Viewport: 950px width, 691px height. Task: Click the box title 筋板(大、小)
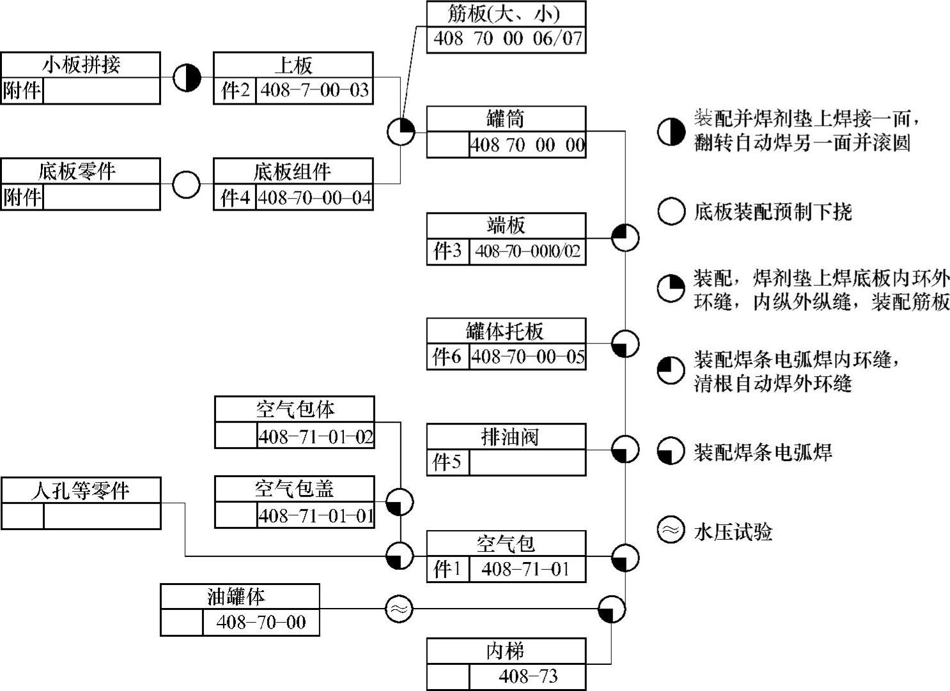pos(506,14)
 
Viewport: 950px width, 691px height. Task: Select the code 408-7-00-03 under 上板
pos(315,91)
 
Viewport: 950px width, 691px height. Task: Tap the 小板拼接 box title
pos(81,65)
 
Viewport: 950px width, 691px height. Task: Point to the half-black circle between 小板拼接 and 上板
pos(187,78)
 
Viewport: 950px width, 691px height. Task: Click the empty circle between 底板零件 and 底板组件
pos(187,185)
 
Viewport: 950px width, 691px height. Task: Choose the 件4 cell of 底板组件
pos(235,197)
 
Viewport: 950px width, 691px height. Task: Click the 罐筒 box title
pos(506,119)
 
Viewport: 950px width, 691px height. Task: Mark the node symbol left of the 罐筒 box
pos(401,132)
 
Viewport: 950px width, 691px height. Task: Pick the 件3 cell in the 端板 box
pos(448,251)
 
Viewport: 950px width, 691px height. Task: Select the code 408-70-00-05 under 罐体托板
pos(527,357)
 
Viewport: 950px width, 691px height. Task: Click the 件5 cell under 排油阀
pos(448,462)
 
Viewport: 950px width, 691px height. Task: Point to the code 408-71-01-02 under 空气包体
pos(316,437)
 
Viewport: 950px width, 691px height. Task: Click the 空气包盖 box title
pos(295,489)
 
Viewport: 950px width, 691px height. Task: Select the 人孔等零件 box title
pos(81,490)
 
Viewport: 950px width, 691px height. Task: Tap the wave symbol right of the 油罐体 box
pos(399,609)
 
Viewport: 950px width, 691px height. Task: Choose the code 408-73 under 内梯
pos(528,676)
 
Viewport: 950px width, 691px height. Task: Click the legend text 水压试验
pos(733,531)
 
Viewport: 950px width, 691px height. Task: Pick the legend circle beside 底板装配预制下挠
pos(671,211)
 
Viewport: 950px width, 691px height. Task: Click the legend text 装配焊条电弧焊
pos(763,452)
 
